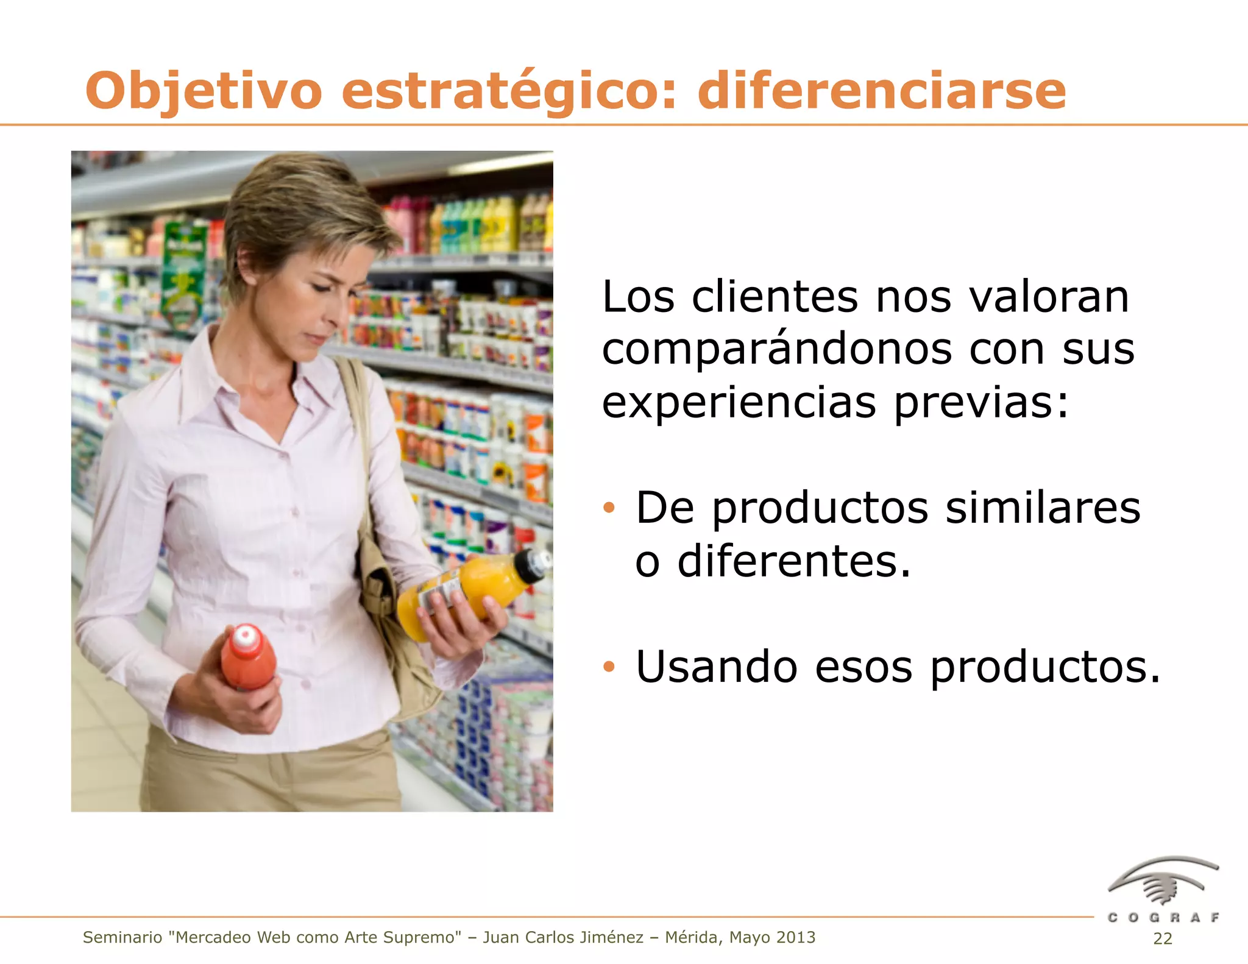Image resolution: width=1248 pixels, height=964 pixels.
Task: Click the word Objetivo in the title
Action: (x=203, y=91)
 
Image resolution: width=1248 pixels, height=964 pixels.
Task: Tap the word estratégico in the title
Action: (x=508, y=91)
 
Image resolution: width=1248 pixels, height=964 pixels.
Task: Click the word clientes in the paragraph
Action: (x=775, y=297)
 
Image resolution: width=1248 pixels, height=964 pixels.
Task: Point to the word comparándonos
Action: (x=776, y=350)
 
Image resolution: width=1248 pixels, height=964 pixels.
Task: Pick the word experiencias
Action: (x=739, y=403)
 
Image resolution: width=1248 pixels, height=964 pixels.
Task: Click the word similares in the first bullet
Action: (x=1042, y=508)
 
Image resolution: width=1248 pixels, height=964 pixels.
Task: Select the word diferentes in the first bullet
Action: (x=793, y=561)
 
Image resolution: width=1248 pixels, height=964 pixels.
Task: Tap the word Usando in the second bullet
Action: (x=716, y=667)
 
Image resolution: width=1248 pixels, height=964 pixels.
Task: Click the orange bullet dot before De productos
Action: (x=609, y=508)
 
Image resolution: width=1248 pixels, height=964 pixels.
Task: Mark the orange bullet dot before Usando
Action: (x=609, y=667)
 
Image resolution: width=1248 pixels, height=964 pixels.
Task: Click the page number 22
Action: (x=1162, y=938)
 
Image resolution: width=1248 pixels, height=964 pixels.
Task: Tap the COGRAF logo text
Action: (x=1163, y=918)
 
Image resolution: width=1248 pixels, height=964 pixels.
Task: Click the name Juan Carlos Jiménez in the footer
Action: (x=562, y=937)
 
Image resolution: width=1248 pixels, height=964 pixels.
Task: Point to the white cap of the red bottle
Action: (x=245, y=635)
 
